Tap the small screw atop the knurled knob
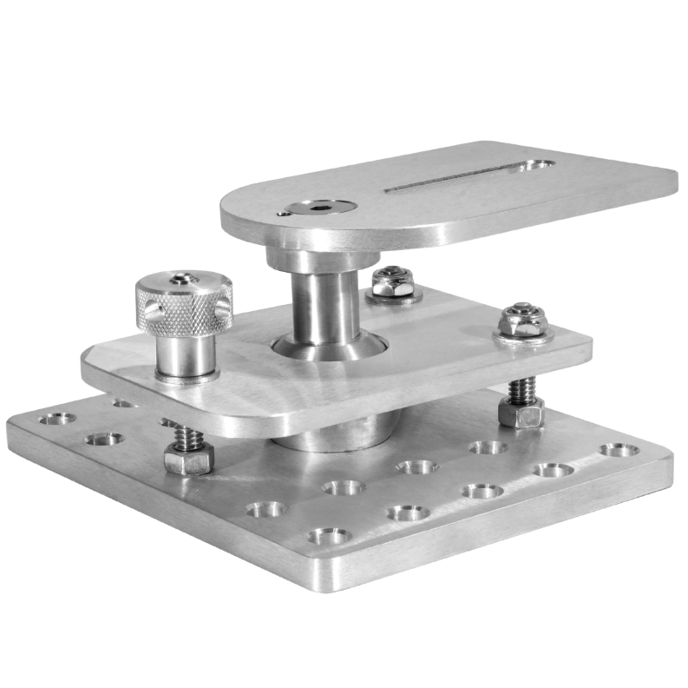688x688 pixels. (179, 279)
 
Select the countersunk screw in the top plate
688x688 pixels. (321, 207)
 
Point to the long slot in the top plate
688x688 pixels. (451, 177)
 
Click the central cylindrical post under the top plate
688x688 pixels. (322, 304)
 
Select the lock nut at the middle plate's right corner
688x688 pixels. (522, 321)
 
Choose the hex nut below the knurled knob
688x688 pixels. (187, 457)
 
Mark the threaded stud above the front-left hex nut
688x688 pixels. (186, 434)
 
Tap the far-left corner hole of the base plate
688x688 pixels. (56, 419)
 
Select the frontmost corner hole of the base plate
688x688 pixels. (329, 536)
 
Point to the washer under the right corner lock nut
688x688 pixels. (522, 337)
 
